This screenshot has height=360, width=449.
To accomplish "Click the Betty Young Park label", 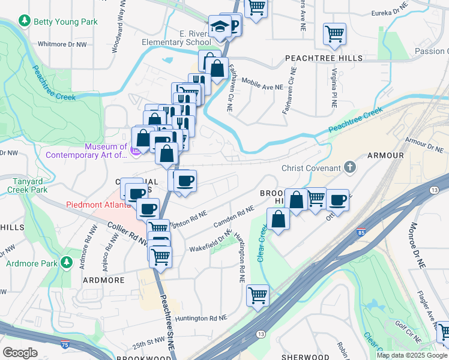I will pos(65,22).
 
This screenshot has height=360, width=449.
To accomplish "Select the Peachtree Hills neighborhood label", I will pos(324,58).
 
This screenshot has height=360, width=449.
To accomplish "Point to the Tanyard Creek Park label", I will pos(27,185).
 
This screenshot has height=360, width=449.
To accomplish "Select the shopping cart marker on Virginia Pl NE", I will pos(334,34).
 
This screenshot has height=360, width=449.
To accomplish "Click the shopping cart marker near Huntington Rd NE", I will pos(258,294).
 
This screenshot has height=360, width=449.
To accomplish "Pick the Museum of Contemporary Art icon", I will pos(136,149).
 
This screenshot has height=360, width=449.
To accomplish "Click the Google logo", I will pos(20,353).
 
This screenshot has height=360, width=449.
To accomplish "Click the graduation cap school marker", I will pos(217,27).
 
